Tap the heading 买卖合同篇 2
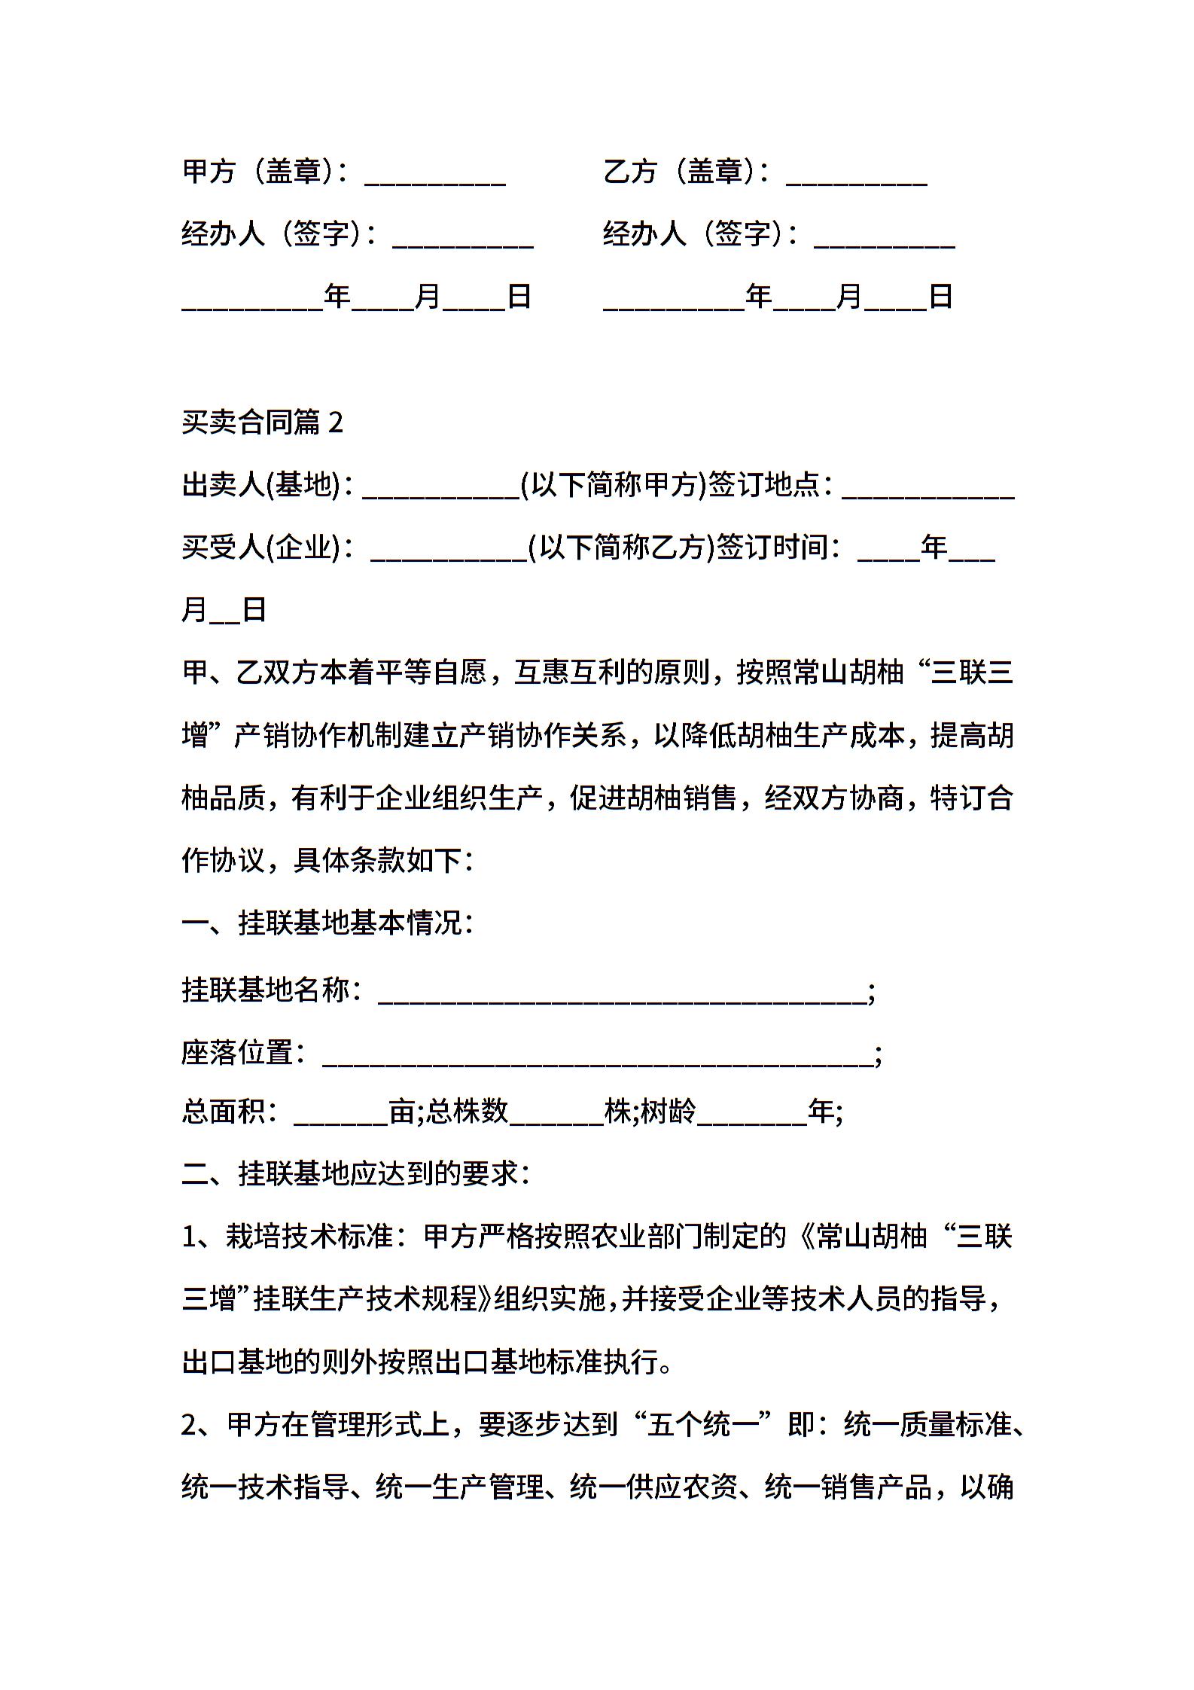click(x=262, y=422)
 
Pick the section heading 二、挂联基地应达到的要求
click(x=355, y=1173)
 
